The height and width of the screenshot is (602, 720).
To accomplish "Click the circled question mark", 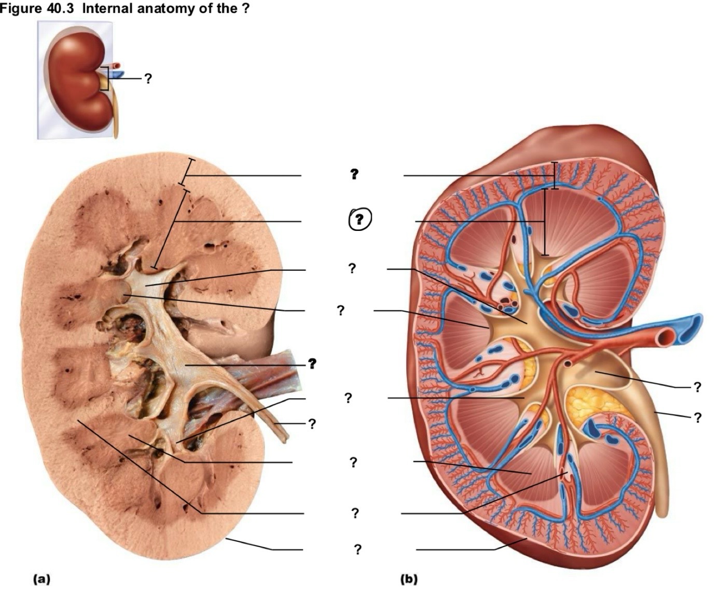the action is [x=359, y=219].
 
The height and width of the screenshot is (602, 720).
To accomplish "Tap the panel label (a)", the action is [x=41, y=579].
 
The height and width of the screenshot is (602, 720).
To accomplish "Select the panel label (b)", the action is [x=409, y=579].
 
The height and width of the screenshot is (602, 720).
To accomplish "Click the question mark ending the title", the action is [x=245, y=8].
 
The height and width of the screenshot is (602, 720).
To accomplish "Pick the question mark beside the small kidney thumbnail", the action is [x=148, y=79].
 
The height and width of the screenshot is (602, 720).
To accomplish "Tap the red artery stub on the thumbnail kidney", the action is [x=115, y=65].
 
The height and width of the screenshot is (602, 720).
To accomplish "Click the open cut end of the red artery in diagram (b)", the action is [x=666, y=337].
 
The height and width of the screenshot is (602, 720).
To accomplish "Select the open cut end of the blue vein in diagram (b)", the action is [x=690, y=328].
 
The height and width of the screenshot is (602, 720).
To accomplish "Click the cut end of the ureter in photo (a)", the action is [x=285, y=440].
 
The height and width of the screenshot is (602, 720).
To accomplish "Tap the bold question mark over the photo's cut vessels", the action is [x=312, y=363].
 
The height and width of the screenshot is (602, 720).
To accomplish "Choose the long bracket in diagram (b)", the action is [x=545, y=222].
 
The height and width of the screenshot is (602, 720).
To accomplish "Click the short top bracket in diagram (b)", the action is [x=554, y=175].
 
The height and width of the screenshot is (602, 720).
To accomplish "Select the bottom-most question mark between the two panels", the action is [x=357, y=549].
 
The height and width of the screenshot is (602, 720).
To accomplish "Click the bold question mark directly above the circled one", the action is [x=354, y=174].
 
